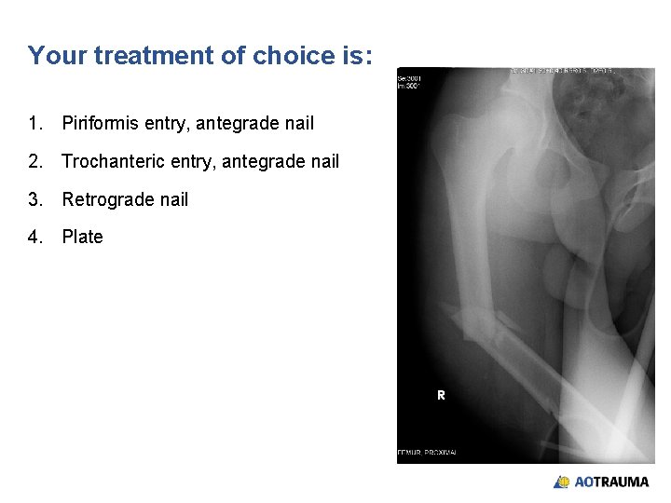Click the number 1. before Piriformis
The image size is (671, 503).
(x=35, y=123)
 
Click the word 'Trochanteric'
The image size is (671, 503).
(x=113, y=162)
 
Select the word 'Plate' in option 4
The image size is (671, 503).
(x=82, y=237)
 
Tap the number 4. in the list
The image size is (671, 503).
(x=35, y=237)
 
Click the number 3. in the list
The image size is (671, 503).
(x=35, y=199)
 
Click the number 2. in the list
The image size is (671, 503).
(x=35, y=162)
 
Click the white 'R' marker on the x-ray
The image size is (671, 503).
(x=441, y=395)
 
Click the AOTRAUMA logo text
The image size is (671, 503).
(x=611, y=483)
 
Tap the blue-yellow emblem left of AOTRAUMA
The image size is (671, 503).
(x=562, y=483)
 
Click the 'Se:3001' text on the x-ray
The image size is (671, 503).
(x=409, y=78)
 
